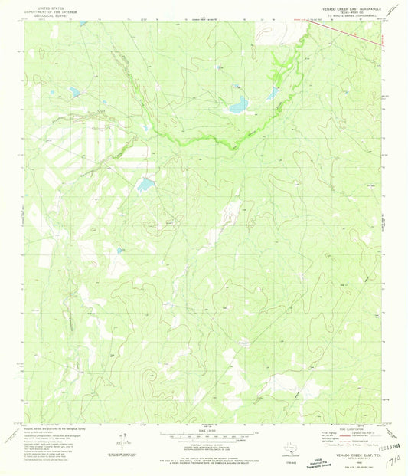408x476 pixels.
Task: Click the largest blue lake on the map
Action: pyautogui.click(x=239, y=103)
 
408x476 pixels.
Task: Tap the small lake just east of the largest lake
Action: pyautogui.click(x=273, y=94)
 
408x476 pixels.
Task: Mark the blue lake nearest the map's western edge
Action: pyautogui.click(x=74, y=91)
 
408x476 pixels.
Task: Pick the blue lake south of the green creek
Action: pyautogui.click(x=144, y=185)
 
